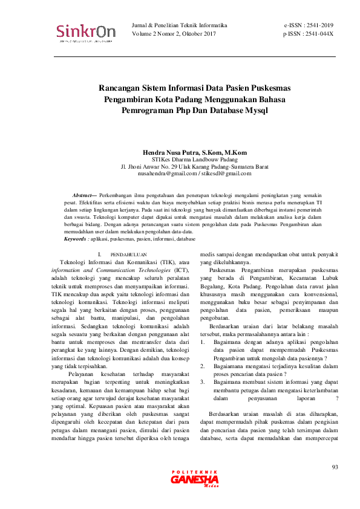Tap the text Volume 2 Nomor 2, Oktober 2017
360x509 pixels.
(x=174, y=34)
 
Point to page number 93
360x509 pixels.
(x=336, y=467)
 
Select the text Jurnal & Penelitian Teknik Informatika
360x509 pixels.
(x=179, y=25)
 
